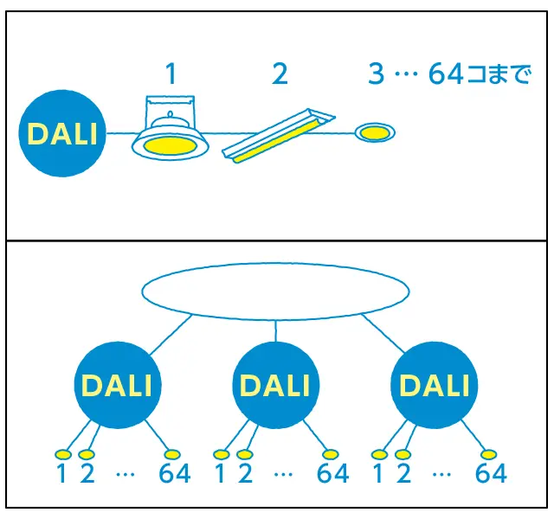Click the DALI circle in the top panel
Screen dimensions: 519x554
[x=62, y=134]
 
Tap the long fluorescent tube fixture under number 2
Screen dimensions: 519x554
[x=278, y=138]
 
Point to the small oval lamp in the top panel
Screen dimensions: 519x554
[x=374, y=132]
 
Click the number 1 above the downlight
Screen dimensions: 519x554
[x=171, y=74]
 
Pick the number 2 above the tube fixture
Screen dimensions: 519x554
[x=279, y=74]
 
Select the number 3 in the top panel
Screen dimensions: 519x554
[x=375, y=74]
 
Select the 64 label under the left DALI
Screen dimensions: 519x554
[x=175, y=474]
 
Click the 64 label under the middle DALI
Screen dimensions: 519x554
[x=333, y=474]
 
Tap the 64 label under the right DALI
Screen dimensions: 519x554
[x=491, y=474]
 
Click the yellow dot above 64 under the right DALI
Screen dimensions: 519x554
[x=488, y=454]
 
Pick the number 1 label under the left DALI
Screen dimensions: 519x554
[x=61, y=474]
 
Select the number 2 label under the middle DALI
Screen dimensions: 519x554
[x=245, y=474]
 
